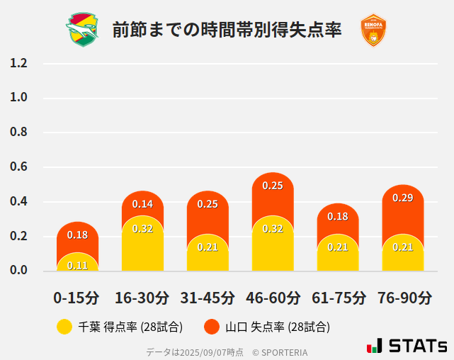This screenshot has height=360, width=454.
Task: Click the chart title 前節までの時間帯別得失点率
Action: coord(227,30)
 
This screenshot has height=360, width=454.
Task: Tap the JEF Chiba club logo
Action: coord(83,30)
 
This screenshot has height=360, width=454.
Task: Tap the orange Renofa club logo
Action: coord(373,30)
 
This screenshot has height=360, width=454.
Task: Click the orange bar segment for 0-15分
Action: coord(77,235)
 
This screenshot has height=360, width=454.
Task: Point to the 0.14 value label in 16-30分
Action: coord(142,204)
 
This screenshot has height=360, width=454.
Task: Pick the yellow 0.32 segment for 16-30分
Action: coord(142,244)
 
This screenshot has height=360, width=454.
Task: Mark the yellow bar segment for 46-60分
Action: coord(273,244)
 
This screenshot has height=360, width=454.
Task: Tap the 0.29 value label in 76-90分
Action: coord(403,198)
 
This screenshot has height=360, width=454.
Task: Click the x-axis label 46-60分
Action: coord(273,297)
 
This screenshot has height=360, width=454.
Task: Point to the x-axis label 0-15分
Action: coord(77,297)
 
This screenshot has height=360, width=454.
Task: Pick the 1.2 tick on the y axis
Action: coord(18,63)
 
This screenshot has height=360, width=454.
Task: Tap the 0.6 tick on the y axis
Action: coord(18,167)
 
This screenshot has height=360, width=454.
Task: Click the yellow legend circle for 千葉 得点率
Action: coord(64,327)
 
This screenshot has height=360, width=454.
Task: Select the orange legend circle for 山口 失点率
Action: coord(211,327)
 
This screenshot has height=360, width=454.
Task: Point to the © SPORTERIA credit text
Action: coord(280,351)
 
